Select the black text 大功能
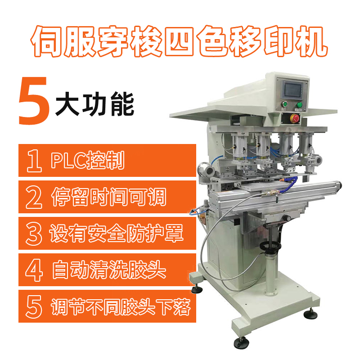pyautogui.click(x=94, y=104)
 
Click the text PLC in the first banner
pyautogui.click(x=68, y=160)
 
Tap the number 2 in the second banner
pyautogui.click(x=34, y=197)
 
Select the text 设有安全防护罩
pyautogui.click(x=117, y=233)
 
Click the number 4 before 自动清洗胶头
pyautogui.click(x=34, y=270)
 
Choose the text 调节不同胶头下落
pyautogui.click(x=121, y=306)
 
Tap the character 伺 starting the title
pyautogui.click(x=47, y=41)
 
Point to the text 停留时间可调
pyautogui.click(x=108, y=197)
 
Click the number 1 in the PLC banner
pyautogui.click(x=35, y=161)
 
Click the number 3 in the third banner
pyautogui.click(x=34, y=234)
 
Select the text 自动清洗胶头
pyautogui.click(x=108, y=270)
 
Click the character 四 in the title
pyautogui.click(x=179, y=41)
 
